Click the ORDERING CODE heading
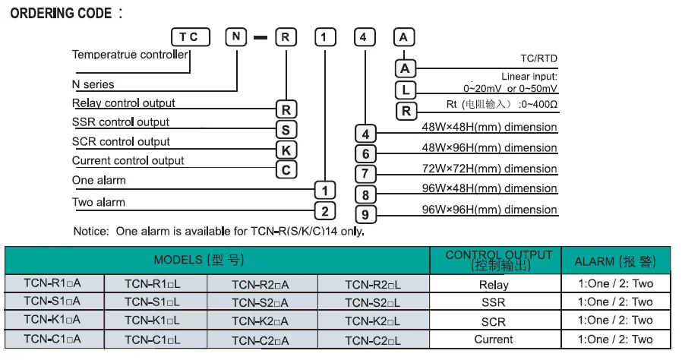(61, 14)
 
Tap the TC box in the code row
(189, 37)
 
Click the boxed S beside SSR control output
(286, 128)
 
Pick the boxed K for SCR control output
(286, 149)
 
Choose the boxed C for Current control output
(286, 169)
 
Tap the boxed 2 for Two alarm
(325, 211)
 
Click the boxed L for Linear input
(406, 90)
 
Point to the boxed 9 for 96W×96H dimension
(366, 215)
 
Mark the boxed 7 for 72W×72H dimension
(366, 174)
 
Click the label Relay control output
(123, 103)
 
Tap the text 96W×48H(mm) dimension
(489, 188)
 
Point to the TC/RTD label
(538, 57)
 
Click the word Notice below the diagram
(91, 231)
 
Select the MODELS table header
(199, 260)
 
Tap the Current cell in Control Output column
(493, 339)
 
